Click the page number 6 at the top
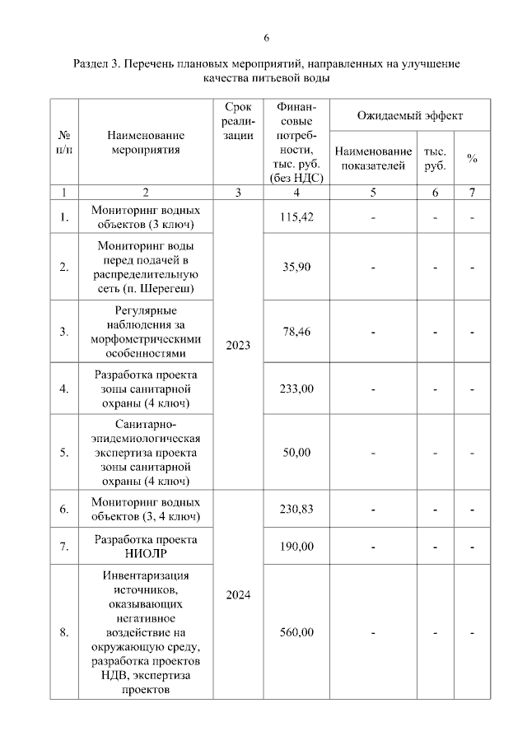coord(266,38)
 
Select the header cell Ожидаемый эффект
coord(409,115)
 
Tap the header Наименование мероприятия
coord(145,142)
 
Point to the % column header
coord(472,158)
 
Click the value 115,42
coord(296,217)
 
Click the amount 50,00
coord(296,452)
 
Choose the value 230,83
coord(296,510)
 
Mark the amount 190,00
coord(296,547)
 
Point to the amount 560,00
coord(296,631)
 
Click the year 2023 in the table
coord(237,346)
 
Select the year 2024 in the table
coord(237,595)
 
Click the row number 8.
coord(63,631)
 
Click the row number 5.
coord(63,452)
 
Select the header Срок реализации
coord(237,122)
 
